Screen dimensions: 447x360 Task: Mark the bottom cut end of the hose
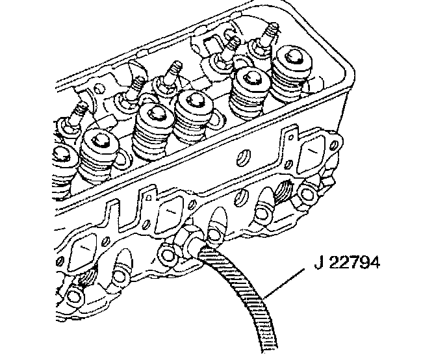point(266,348)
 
